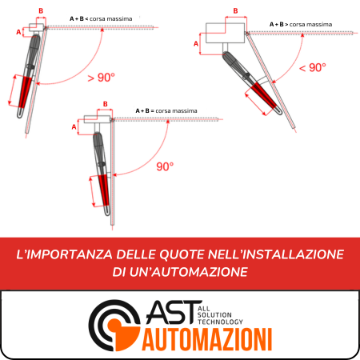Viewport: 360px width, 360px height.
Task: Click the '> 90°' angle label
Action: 101,78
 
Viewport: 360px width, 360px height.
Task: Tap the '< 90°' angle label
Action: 313,68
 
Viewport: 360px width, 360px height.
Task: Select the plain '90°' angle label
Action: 165,166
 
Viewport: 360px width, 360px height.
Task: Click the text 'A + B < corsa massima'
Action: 101,19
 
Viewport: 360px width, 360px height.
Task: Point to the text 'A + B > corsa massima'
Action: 301,25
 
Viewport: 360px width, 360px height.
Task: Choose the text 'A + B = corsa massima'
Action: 166,110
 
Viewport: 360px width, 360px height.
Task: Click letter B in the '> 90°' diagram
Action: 41,11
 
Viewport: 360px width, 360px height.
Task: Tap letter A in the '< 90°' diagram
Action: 196,43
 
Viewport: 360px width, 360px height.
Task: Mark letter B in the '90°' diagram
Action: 106,104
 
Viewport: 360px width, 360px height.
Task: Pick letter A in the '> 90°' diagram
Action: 18,32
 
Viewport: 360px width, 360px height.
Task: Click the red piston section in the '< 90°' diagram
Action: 263,95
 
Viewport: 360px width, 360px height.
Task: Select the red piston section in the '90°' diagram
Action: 104,190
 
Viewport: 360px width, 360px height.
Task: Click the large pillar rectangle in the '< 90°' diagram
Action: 225,33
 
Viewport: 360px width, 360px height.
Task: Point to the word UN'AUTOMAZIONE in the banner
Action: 188,272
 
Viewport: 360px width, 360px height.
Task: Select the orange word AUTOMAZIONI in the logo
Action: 207,339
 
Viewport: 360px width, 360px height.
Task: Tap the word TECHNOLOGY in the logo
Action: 220,322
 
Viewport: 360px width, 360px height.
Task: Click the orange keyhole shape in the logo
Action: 123,334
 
